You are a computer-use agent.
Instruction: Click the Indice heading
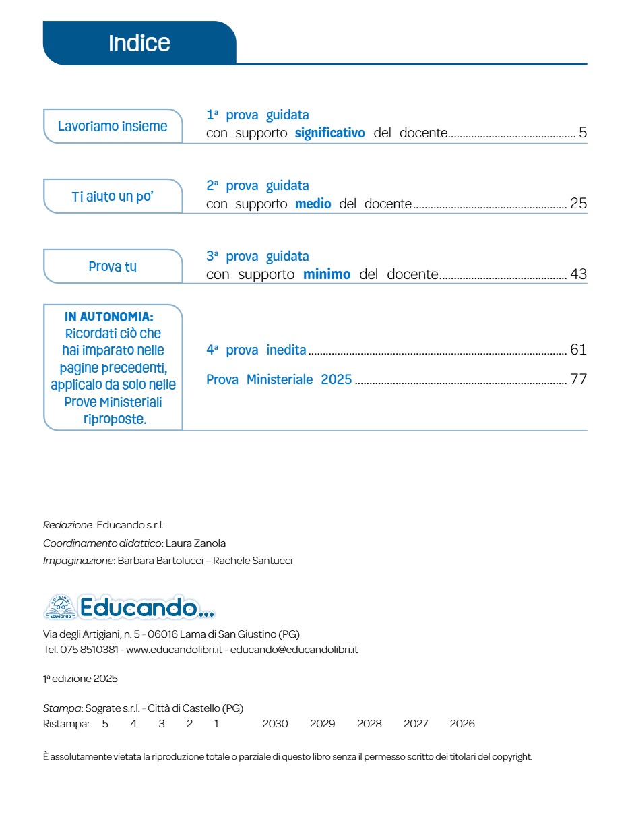click(139, 43)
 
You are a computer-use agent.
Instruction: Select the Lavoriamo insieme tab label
click(113, 127)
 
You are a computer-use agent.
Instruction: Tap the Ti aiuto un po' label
click(113, 197)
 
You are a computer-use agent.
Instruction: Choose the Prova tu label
click(113, 267)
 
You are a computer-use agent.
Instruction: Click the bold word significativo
click(329, 133)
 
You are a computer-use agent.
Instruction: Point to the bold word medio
click(313, 204)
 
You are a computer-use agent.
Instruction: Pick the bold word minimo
click(327, 274)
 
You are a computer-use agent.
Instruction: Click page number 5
click(583, 133)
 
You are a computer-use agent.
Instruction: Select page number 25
click(579, 204)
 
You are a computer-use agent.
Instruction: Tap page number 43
click(579, 274)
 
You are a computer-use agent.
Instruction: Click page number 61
click(579, 350)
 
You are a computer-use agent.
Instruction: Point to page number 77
click(579, 379)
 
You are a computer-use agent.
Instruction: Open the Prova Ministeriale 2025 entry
click(279, 379)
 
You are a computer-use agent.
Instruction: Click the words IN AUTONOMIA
click(109, 317)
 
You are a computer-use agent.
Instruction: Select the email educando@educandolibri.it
click(294, 650)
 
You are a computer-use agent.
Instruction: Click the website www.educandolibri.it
click(175, 650)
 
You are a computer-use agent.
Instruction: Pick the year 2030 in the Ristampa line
click(275, 724)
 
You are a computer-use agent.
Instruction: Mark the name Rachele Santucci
click(253, 561)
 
